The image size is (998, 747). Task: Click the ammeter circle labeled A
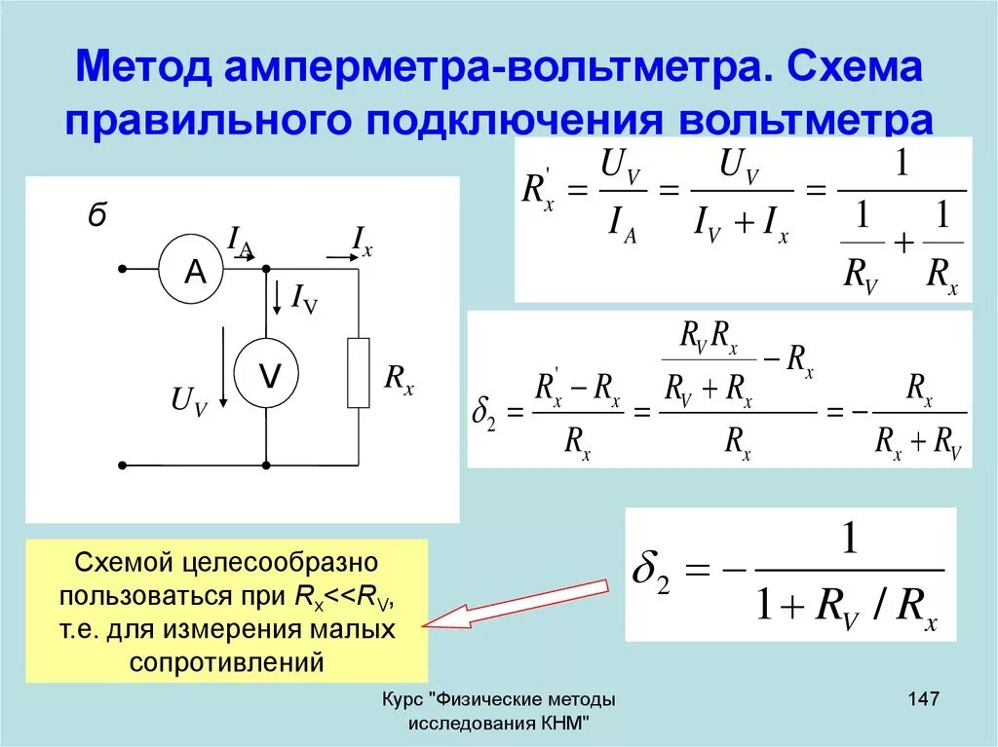pyautogui.click(x=196, y=270)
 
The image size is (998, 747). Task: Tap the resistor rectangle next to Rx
pyautogui.click(x=359, y=373)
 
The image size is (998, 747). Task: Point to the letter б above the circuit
pyautogui.click(x=96, y=217)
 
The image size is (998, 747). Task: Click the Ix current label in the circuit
pyautogui.click(x=362, y=240)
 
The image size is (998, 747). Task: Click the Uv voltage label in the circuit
pyautogui.click(x=189, y=400)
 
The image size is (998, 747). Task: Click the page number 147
pyautogui.click(x=922, y=699)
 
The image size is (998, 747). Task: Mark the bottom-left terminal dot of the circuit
pyautogui.click(x=123, y=465)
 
